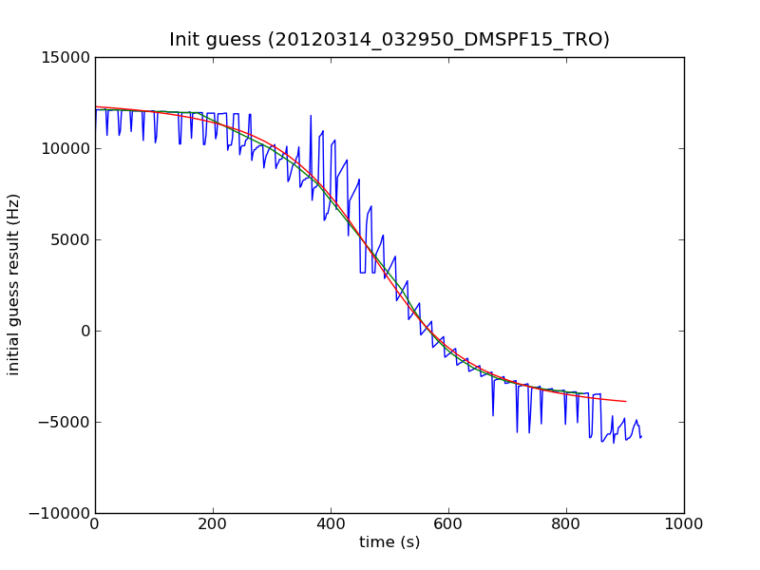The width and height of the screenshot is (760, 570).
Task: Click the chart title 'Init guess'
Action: tap(389, 40)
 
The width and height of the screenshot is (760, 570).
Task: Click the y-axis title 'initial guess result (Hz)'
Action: tap(14, 284)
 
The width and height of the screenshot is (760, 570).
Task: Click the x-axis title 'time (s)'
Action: tap(389, 542)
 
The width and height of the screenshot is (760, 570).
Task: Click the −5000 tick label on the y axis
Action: tap(65, 422)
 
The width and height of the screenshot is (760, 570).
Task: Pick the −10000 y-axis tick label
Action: tap(61, 513)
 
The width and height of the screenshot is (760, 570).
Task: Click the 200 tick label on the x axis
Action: tap(213, 522)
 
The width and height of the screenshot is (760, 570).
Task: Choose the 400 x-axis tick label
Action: tap(331, 522)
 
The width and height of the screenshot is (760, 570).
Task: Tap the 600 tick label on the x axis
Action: tap(448, 522)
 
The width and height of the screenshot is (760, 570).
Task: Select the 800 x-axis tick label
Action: tap(566, 522)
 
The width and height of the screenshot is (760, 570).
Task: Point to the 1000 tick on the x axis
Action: tap(684, 522)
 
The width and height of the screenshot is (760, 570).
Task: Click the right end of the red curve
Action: tap(625, 402)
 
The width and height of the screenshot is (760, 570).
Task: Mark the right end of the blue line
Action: tap(641, 437)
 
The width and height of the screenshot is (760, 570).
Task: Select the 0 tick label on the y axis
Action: tap(84, 331)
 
